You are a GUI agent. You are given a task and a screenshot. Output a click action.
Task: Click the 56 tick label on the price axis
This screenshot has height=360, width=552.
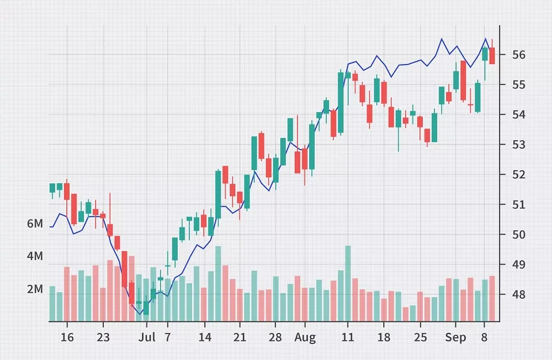518,55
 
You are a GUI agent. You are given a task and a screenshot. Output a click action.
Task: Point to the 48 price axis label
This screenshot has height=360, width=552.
518,294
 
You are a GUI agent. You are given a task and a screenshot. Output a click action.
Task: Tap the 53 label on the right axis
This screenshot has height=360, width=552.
518,145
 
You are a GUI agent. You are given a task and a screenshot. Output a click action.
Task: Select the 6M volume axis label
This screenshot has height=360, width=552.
35,224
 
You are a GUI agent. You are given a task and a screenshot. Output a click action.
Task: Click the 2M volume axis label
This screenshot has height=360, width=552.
35,289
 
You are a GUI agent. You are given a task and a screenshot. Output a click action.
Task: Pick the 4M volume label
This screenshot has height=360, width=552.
35,256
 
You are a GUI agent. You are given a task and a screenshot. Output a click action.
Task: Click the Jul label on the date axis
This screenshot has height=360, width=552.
147,337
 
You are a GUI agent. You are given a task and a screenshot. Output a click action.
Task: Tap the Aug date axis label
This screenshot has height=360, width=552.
305,337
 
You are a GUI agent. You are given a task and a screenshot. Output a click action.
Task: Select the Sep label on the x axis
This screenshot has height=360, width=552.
456,337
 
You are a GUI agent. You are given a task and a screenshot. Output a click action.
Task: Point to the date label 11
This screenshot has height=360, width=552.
348,337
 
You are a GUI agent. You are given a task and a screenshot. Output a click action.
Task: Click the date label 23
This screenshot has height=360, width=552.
103,337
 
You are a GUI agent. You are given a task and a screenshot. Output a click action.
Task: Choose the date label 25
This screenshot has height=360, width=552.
421,337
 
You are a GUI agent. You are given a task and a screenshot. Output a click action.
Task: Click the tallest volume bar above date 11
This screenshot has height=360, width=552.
348,283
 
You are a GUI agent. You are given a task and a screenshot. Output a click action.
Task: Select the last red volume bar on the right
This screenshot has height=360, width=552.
492,298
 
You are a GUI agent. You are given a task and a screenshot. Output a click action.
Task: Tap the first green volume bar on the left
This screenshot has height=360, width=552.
52,303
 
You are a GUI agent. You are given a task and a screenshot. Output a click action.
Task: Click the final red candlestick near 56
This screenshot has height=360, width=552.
492,56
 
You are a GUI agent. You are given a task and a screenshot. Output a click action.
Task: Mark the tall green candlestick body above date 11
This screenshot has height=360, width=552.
341,103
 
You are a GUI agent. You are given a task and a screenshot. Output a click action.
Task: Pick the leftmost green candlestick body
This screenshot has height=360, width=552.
52,188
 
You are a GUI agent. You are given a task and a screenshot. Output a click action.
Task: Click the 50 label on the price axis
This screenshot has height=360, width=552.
518,235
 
